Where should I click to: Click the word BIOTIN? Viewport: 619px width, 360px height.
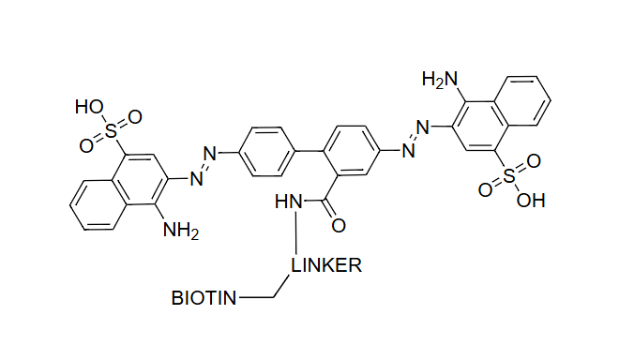[204, 299]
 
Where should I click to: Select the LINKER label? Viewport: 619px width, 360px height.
[325, 265]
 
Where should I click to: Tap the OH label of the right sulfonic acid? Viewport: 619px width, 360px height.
[531, 200]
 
